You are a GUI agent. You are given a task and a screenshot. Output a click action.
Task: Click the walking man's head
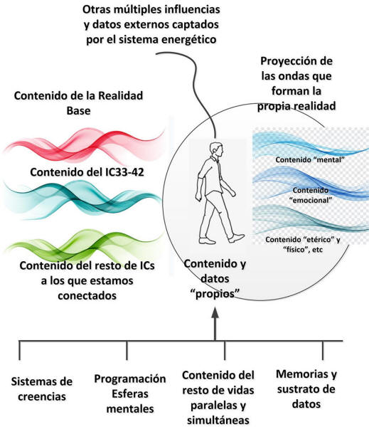click(x=217, y=150)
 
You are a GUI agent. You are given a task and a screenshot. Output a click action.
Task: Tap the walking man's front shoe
click(x=236, y=238)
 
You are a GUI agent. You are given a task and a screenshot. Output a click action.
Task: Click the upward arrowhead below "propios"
click(x=215, y=312)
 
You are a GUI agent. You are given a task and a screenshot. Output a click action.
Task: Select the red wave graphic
click(x=85, y=146)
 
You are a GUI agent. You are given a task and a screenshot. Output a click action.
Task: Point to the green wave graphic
click(x=85, y=245)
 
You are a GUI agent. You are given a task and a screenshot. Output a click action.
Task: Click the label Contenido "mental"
click(x=310, y=159)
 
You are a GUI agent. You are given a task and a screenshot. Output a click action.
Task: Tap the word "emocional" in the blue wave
click(x=311, y=200)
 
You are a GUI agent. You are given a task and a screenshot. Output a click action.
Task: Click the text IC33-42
click(x=124, y=172)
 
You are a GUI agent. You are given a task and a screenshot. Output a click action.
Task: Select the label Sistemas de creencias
click(x=42, y=389)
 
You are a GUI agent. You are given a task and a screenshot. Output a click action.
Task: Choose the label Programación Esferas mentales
click(x=130, y=394)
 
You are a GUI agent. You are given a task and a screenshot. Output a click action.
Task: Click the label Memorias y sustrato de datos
click(x=306, y=389)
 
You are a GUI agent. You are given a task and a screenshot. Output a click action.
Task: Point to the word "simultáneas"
click(x=218, y=420)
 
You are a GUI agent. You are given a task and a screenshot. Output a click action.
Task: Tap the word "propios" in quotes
click(x=215, y=294)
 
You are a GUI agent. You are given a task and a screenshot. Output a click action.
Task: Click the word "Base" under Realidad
click(x=79, y=111)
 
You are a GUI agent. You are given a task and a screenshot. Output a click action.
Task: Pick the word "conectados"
click(x=87, y=295)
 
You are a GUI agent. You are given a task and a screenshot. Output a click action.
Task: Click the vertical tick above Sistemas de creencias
click(x=19, y=350)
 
